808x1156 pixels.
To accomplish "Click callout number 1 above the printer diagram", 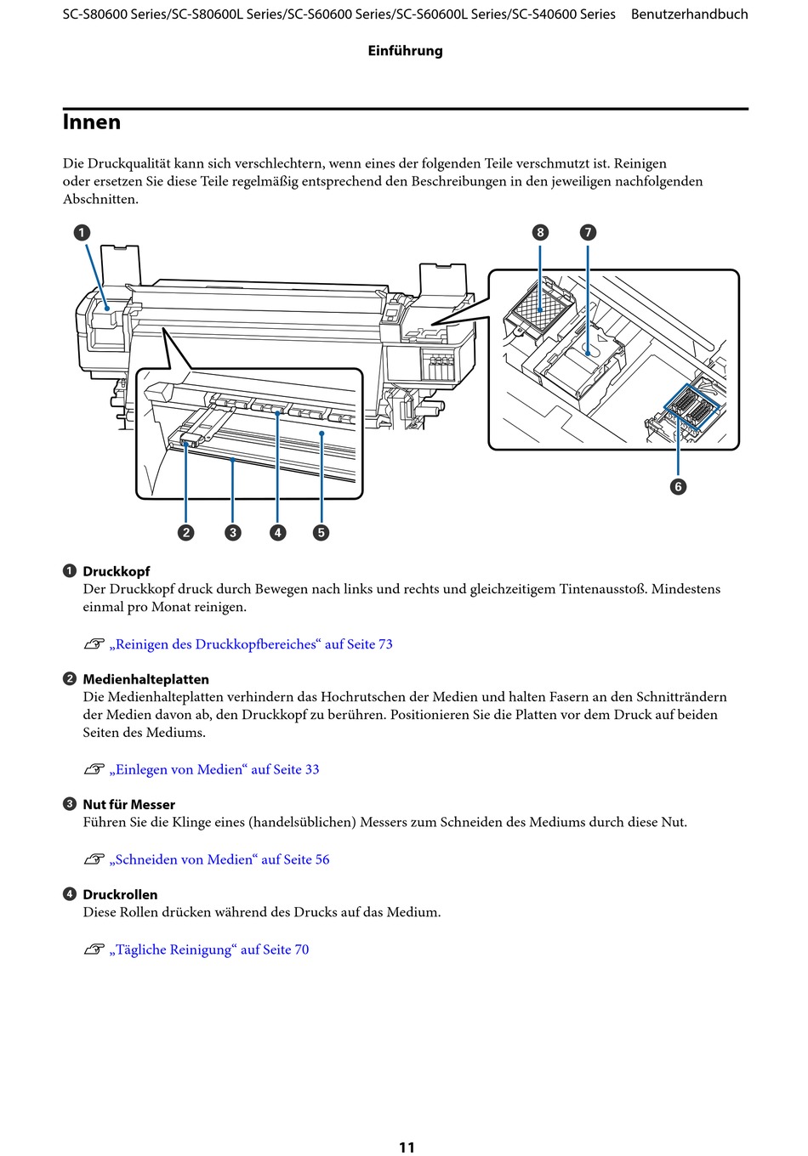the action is (x=82, y=233).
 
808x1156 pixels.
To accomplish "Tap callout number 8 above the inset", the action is (x=540, y=232).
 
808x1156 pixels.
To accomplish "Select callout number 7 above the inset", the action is (x=588, y=232).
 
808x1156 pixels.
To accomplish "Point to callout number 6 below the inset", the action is (x=678, y=486).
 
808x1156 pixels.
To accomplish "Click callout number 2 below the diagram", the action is (x=186, y=532).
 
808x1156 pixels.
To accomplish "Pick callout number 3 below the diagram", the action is (x=233, y=532).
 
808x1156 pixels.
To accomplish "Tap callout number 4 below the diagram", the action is (x=278, y=532).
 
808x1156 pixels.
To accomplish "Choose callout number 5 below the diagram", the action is (x=321, y=532).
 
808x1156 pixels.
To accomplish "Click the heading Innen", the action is (x=92, y=122).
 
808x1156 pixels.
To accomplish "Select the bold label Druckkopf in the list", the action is (x=117, y=571).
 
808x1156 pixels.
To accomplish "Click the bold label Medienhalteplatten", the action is (x=146, y=679).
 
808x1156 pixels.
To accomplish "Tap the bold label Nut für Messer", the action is (x=129, y=805).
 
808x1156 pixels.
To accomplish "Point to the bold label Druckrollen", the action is (x=120, y=894).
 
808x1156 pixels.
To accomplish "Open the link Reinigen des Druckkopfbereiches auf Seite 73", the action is (x=251, y=644).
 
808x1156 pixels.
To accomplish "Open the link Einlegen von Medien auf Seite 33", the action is (x=214, y=769).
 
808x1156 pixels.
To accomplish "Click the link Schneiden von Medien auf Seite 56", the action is (x=219, y=859).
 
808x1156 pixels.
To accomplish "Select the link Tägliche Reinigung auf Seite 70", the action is (x=209, y=949).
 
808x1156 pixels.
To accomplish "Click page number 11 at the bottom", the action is (x=407, y=1147).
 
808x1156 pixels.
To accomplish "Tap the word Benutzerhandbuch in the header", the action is (x=689, y=14).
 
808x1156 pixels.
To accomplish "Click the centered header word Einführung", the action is (x=406, y=51).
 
